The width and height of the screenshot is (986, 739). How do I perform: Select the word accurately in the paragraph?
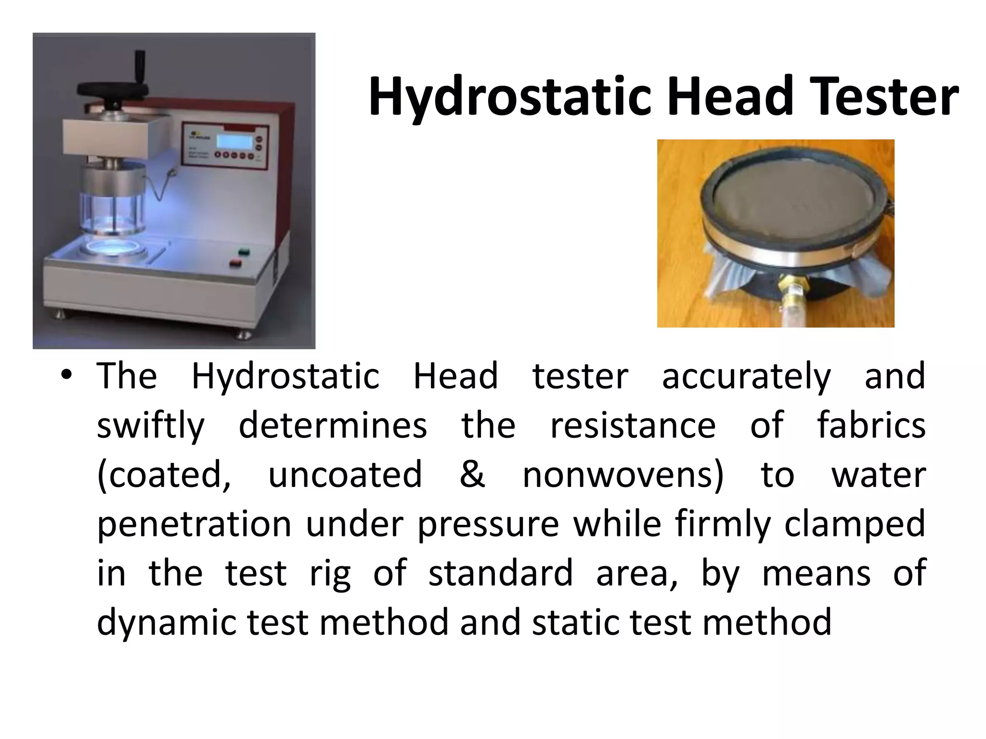(746, 377)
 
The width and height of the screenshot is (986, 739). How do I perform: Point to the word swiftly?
(151, 427)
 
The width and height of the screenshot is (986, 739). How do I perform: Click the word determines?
(333, 426)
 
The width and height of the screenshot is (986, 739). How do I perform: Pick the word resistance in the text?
(633, 426)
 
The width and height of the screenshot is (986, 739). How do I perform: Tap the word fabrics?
(871, 426)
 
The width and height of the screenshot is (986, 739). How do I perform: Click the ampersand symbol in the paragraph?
(472, 474)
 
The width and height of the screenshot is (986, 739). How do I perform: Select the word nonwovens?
(623, 475)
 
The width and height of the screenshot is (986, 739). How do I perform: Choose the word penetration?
(194, 524)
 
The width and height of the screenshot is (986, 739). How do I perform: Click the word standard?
(501, 573)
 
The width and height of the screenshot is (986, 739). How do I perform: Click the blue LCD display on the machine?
(233, 141)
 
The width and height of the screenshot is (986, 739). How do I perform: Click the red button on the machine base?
(235, 262)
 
